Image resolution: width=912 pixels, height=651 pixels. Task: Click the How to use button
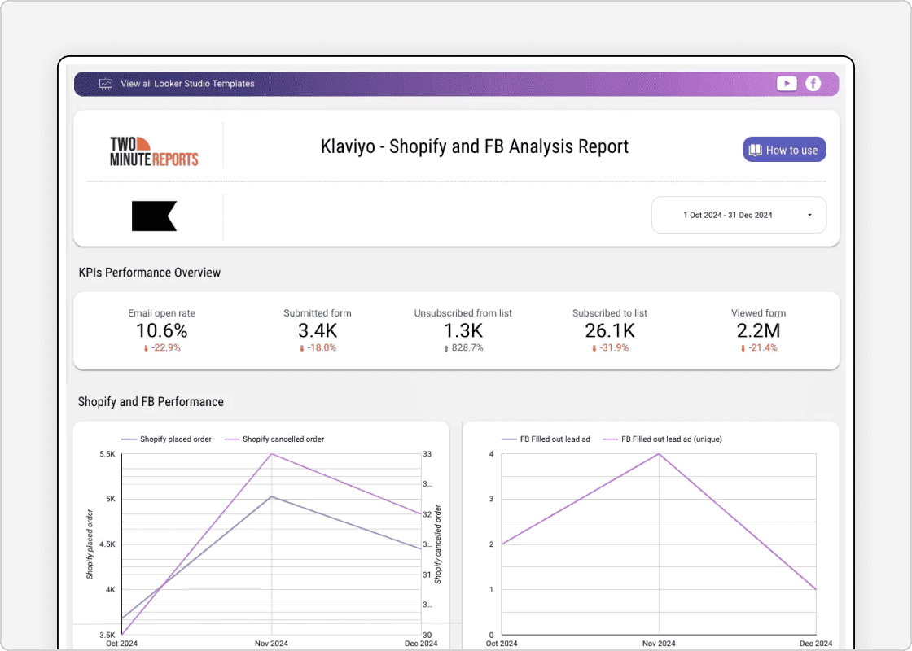(784, 150)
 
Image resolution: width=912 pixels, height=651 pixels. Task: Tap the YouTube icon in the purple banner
(787, 83)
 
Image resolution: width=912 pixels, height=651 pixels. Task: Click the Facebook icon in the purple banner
(813, 83)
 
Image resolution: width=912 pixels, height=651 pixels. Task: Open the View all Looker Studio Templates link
(187, 84)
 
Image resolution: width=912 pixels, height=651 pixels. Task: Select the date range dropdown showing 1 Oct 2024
(739, 216)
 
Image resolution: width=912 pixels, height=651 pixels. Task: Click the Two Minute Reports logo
(154, 151)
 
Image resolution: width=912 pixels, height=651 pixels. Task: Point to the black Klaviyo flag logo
(154, 216)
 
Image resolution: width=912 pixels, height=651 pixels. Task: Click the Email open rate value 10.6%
(161, 331)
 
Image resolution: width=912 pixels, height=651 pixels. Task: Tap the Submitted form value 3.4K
(318, 331)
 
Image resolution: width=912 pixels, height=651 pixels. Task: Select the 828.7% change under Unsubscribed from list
(467, 348)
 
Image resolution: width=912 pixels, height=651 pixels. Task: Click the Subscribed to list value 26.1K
(609, 331)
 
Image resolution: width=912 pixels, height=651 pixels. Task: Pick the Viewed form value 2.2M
(758, 331)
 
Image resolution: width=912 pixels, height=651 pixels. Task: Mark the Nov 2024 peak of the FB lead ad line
(658, 453)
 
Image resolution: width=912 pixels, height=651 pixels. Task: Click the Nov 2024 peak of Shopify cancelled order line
(271, 453)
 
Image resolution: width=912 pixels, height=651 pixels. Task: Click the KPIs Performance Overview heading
(150, 273)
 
